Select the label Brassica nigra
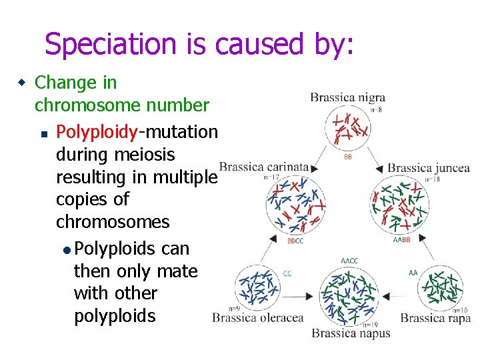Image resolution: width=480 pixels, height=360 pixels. coord(347,98)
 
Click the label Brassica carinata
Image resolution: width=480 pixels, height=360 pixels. coord(264,167)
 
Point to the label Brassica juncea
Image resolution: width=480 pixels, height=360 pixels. coord(429,168)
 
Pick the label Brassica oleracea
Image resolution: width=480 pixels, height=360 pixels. coord(257,318)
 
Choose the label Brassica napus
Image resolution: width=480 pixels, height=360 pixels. coord(351,333)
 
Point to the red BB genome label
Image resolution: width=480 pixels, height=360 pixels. coord(349,158)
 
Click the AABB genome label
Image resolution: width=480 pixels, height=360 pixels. coord(401,239)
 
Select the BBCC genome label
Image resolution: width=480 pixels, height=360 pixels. coord(295,241)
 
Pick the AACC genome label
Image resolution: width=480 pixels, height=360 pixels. coord(349,261)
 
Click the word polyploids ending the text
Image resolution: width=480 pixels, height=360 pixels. coord(115,316)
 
